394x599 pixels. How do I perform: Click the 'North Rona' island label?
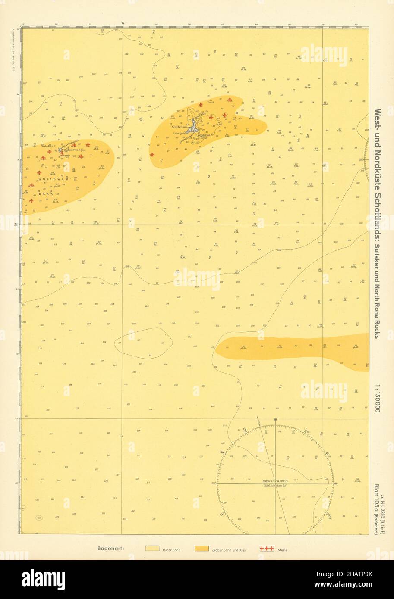click(180, 127)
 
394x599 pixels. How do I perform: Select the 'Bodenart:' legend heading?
click(111, 549)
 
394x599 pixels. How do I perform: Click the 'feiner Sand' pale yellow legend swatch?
click(152, 549)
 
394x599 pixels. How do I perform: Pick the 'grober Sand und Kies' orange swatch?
click(202, 549)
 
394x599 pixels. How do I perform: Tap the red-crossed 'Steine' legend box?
click(266, 549)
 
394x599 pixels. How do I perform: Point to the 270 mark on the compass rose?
click(214, 484)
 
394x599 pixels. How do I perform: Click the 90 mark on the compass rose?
click(336, 484)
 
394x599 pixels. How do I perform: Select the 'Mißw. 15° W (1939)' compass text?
click(276, 480)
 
